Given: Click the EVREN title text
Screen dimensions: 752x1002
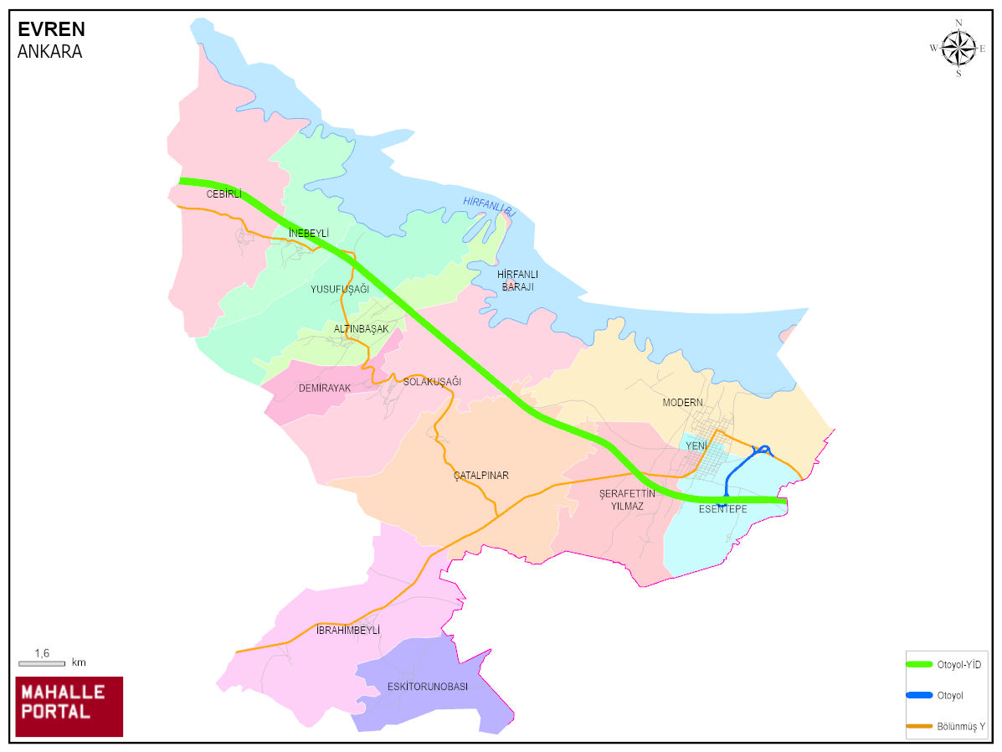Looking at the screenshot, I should pos(51,29).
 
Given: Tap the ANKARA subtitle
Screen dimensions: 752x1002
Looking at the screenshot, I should pos(49,51).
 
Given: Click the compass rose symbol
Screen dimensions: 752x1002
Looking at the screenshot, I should pos(958,48).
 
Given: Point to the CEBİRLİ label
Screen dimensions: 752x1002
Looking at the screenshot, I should pos(224,194).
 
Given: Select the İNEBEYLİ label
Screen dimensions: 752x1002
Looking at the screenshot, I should pos(308,233).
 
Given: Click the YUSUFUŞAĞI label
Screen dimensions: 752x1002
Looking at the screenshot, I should pos(339,289).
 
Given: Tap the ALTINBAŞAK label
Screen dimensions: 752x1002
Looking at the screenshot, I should pos(361,329).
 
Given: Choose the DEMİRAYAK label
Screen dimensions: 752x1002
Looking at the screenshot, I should pos(324,388).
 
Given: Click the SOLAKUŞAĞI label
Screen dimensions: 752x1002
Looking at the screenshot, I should pos(432,382).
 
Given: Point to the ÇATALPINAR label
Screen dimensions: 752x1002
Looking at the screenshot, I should pos(480,476).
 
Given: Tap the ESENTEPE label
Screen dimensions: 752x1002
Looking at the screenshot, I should pos(722,509).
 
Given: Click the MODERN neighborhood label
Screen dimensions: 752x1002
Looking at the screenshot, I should pos(682,403).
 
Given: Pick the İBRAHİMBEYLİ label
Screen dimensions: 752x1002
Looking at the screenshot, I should pos(348,630).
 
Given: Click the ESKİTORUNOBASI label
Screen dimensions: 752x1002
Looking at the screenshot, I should pos(427,687).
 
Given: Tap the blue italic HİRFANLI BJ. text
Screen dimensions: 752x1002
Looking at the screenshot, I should pos(489,207).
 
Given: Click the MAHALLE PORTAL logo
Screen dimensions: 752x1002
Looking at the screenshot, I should pos(69,706).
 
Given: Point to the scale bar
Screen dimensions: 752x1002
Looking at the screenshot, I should pos(42,663).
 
